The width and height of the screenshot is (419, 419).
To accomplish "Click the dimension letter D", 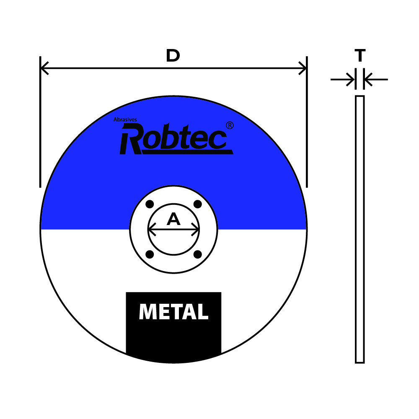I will [x=173, y=56].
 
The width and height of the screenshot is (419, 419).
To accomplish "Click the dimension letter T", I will [x=360, y=55].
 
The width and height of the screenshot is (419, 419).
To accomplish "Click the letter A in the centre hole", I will [x=173, y=219].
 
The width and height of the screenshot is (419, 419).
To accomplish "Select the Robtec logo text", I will [x=174, y=138].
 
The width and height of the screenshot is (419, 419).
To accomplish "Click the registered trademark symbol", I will [x=230, y=125].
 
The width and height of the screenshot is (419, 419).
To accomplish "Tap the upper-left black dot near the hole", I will [x=149, y=205].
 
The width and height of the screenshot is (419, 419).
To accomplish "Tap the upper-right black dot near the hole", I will [x=198, y=205].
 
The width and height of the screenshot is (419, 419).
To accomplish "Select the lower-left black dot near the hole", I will [x=149, y=254].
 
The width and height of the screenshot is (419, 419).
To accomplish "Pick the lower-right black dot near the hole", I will [x=198, y=254].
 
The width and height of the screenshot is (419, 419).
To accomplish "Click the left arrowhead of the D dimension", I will [x=44, y=68].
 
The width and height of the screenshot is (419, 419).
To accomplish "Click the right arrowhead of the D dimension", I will [x=303, y=68].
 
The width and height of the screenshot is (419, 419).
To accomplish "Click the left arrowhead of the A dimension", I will [x=151, y=230].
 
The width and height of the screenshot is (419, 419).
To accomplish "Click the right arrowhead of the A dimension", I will [x=196, y=230].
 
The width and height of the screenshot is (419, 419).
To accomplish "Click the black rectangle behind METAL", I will [x=173, y=339].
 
